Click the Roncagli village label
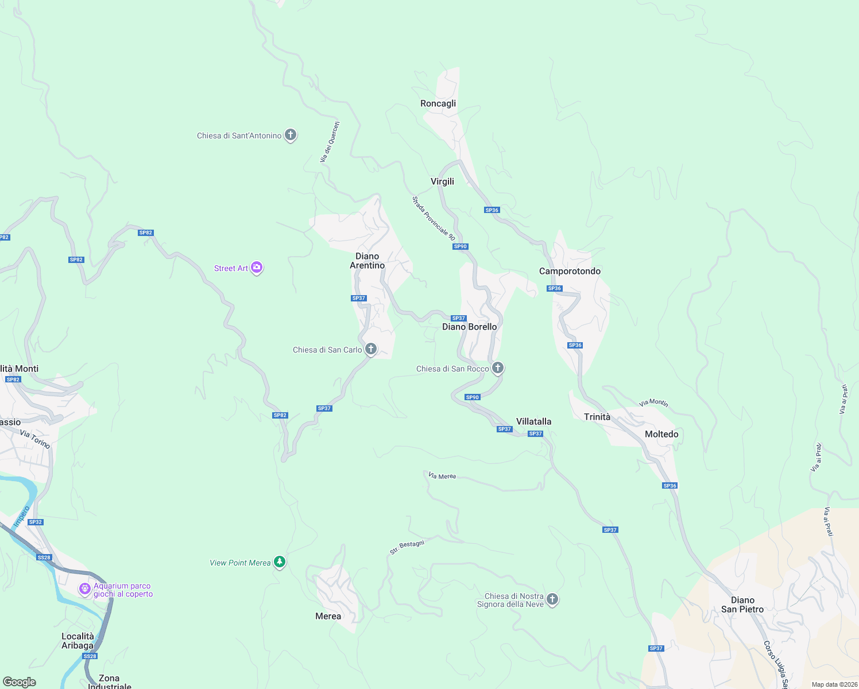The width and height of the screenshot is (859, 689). [438, 103]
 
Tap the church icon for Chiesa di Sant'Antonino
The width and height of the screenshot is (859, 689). [291, 135]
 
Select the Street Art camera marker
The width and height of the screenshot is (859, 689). [257, 268]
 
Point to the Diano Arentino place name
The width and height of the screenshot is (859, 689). [367, 261]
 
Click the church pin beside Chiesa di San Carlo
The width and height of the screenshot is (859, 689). [371, 349]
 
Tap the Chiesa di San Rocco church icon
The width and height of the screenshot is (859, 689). [498, 367]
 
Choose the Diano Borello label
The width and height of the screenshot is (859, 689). [469, 327]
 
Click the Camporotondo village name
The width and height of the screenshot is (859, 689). [570, 271]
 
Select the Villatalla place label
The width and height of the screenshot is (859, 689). [533, 421]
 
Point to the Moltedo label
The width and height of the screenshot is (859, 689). [661, 434]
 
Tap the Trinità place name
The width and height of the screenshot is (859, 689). [597, 417]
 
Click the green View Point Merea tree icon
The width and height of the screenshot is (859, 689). [280, 562]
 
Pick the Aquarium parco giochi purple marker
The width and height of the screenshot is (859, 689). [85, 589]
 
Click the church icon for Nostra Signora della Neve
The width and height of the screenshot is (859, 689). [552, 599]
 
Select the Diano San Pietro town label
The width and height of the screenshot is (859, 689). [742, 605]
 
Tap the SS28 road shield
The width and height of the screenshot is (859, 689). [44, 558]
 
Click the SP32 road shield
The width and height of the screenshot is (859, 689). [36, 522]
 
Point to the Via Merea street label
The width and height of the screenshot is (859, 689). [442, 475]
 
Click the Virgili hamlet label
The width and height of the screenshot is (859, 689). [442, 181]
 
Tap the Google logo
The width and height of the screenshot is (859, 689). [20, 682]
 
